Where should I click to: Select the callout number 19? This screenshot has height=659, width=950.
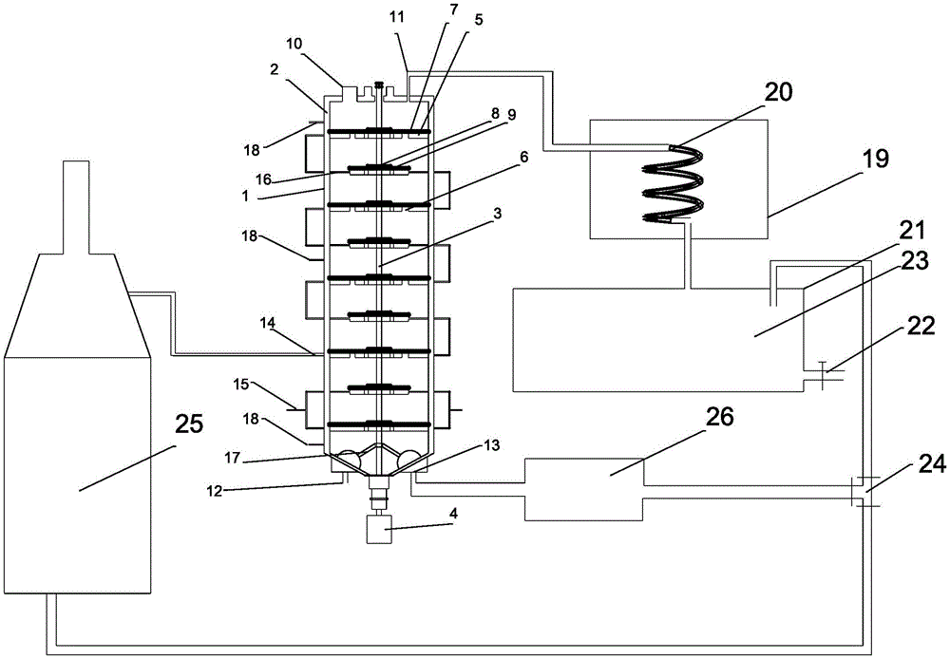click(x=875, y=158)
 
